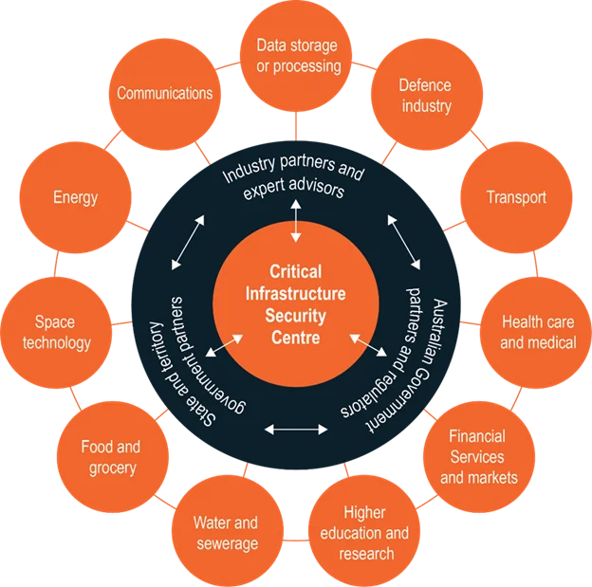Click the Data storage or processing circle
(299, 56)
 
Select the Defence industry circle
(425, 95)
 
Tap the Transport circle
(516, 197)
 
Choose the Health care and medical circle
(538, 332)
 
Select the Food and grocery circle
(110, 456)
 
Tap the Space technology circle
(57, 332)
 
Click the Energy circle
(76, 197)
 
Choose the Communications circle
(165, 94)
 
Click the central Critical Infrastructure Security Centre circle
(295, 303)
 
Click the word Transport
(516, 197)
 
